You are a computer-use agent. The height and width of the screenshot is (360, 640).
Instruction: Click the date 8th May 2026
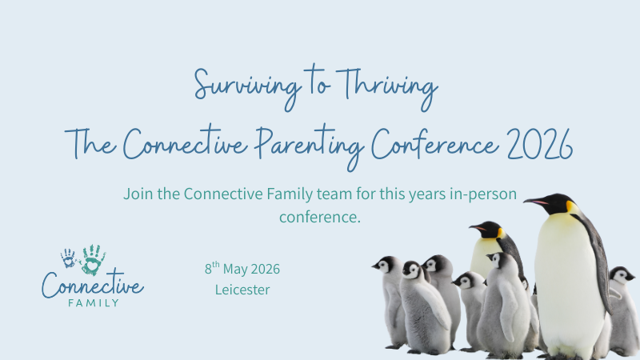tap(242, 269)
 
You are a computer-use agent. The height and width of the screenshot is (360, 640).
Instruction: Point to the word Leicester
tap(242, 290)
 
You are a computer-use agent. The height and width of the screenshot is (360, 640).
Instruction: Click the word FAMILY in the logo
tap(94, 303)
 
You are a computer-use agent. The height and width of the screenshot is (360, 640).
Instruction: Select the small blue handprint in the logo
tap(68, 258)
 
